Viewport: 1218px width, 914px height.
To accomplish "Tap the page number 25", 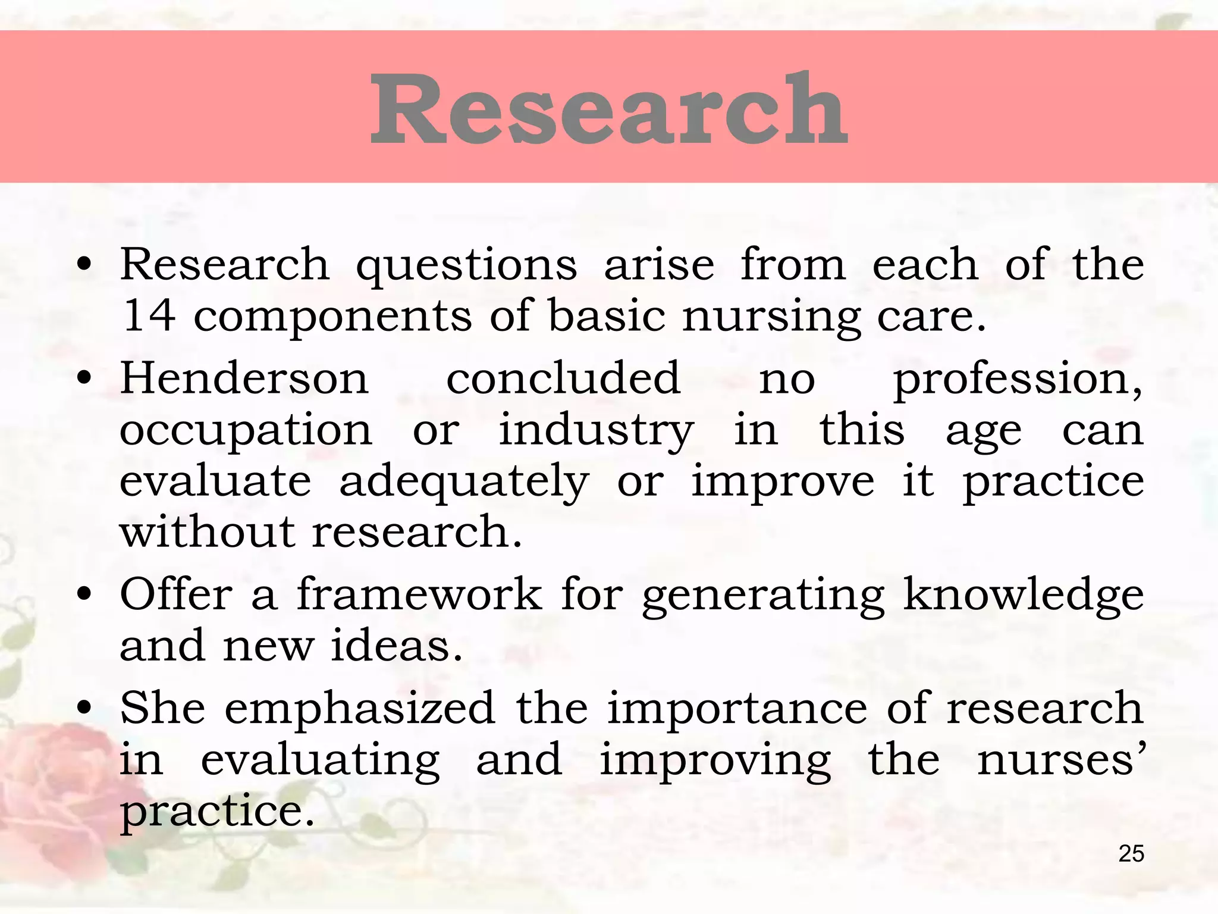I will [1131, 854].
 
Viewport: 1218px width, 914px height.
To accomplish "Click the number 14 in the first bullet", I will [148, 315].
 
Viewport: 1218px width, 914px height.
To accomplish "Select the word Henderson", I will [244, 378].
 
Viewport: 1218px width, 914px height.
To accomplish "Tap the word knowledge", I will [1023, 595].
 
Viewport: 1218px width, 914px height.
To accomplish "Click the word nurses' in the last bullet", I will [1060, 760].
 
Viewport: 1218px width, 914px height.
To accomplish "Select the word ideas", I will [396, 646].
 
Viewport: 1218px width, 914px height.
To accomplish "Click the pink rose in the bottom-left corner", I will [54, 774].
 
